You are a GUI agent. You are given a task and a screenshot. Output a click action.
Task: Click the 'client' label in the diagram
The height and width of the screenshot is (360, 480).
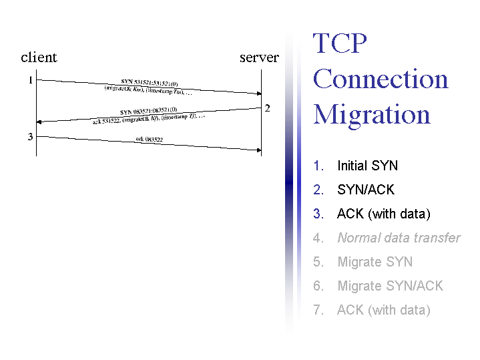(x=39, y=57)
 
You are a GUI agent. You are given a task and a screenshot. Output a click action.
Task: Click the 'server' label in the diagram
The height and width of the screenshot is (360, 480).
(x=259, y=57)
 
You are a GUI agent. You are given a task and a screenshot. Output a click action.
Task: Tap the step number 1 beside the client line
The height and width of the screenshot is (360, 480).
(x=30, y=81)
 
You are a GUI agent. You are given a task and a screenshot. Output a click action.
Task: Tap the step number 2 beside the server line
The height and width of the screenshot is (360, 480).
(x=267, y=108)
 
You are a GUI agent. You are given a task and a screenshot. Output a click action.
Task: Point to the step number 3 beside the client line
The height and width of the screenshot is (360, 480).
(x=30, y=138)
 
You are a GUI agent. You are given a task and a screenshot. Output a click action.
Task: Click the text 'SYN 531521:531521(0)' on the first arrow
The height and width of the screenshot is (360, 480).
(x=150, y=83)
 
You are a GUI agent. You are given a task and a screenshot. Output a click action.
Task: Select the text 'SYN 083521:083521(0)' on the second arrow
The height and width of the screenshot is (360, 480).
(x=148, y=111)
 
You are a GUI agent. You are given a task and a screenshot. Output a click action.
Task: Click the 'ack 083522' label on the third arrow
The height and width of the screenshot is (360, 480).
(x=149, y=140)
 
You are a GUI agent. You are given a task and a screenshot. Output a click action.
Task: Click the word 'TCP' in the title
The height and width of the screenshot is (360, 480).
(x=340, y=44)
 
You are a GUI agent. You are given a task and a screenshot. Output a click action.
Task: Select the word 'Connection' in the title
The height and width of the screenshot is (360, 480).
(x=381, y=79)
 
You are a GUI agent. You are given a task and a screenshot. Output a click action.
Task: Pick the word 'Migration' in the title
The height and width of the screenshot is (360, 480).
(x=372, y=114)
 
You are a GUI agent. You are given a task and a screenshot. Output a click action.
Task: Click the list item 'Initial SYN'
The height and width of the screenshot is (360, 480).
(x=367, y=166)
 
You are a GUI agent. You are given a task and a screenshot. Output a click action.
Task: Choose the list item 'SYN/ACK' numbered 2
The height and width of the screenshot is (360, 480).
(x=366, y=190)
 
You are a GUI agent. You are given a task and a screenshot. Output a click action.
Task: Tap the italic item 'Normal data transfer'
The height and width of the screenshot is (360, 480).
(x=399, y=238)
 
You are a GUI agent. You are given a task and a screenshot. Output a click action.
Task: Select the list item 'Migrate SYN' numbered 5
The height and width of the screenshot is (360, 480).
(x=375, y=262)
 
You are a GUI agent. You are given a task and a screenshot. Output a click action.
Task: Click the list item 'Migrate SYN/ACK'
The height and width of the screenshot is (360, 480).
(x=390, y=286)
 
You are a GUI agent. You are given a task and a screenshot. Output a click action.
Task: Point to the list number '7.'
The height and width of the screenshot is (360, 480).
(x=318, y=310)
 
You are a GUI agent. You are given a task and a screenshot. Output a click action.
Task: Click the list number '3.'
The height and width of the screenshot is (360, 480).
(x=318, y=214)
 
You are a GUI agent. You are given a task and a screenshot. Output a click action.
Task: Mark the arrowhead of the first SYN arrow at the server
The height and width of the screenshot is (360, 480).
(x=258, y=94)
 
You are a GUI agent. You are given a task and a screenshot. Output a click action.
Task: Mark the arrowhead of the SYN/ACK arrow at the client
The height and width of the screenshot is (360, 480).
(x=39, y=122)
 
